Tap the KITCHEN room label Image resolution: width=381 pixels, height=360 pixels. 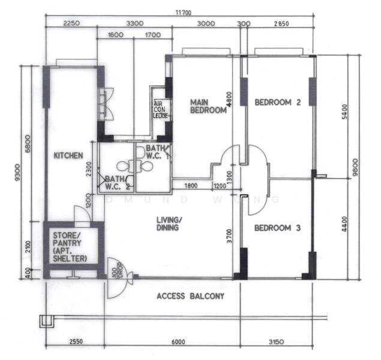(68, 155)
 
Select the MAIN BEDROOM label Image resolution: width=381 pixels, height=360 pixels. (208, 106)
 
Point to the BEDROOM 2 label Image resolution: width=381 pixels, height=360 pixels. (277, 102)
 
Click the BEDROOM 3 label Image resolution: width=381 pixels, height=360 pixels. (277, 228)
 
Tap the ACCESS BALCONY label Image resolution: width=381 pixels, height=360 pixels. (190, 296)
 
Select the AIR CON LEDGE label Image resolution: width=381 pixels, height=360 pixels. (160, 109)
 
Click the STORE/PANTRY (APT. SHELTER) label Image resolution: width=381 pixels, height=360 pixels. (70, 247)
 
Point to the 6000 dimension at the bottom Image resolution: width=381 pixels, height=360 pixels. (178, 342)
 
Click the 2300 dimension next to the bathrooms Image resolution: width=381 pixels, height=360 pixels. (89, 170)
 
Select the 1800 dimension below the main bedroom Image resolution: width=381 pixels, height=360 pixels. (191, 186)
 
